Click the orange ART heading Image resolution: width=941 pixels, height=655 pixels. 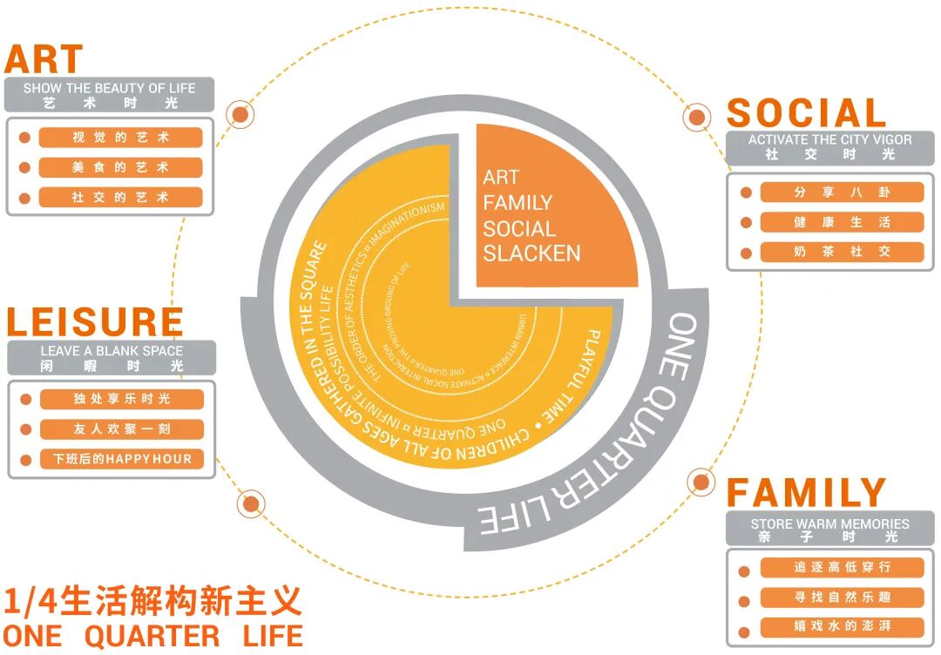(44, 59)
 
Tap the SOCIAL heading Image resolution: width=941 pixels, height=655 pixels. (806, 113)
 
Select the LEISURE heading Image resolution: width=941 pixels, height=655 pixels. (95, 321)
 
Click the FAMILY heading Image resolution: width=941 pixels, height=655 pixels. (806, 493)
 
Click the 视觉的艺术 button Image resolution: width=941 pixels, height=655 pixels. (120, 138)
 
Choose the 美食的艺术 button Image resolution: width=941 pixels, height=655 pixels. (120, 167)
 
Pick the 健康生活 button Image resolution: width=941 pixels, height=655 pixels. (842, 222)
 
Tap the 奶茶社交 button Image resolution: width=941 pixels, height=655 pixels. (842, 252)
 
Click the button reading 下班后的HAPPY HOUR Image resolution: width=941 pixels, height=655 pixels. (121, 459)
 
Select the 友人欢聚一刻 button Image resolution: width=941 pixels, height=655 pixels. (121, 429)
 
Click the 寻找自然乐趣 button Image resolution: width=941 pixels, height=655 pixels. (842, 598)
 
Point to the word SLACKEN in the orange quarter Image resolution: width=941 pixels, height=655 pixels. (531, 253)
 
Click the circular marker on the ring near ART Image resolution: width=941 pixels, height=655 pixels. (240, 114)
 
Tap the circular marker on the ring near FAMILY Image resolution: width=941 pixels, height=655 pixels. (701, 481)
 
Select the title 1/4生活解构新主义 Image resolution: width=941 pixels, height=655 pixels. (152, 601)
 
